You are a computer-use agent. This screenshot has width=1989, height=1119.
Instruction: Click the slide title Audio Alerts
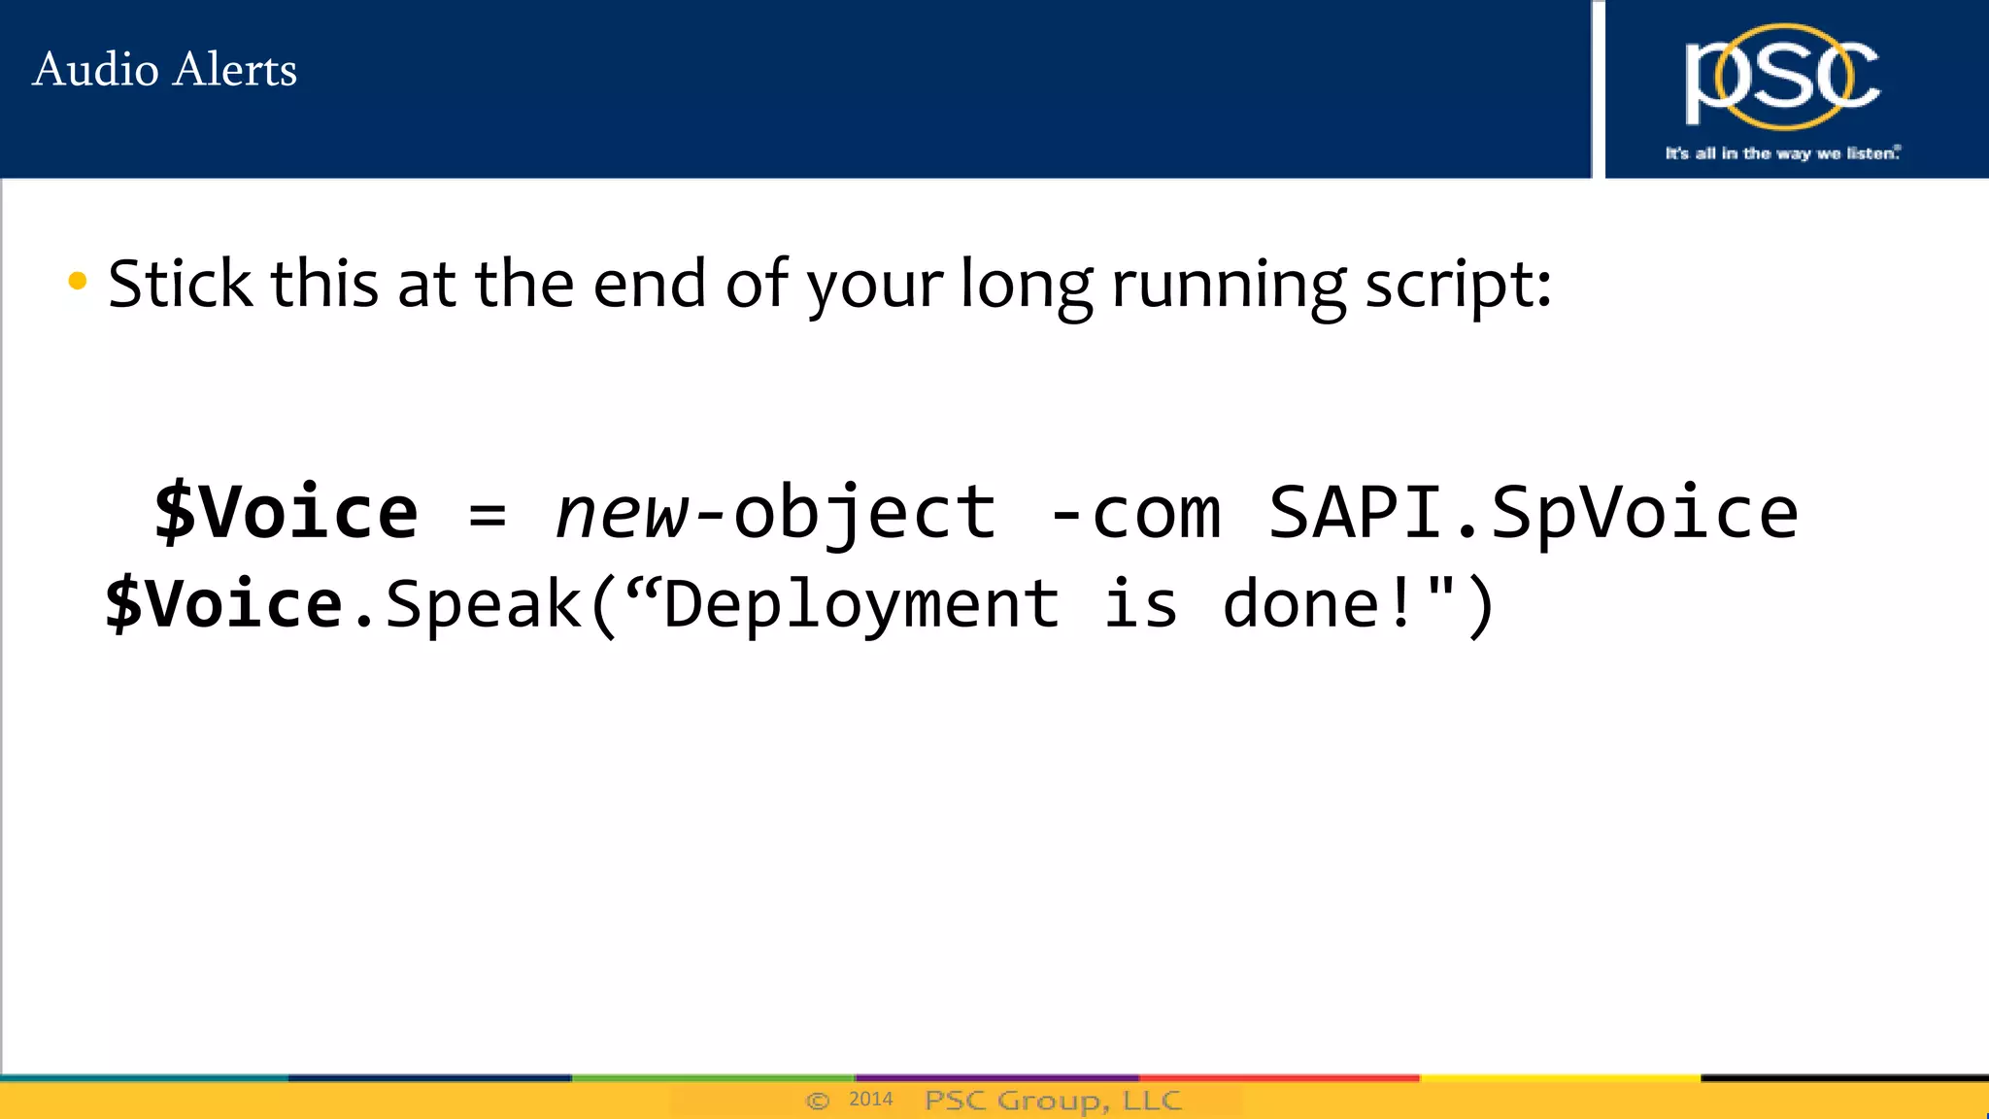(164, 70)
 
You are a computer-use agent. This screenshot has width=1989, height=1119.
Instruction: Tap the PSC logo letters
(1782, 77)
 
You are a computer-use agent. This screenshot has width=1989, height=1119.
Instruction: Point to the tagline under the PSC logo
(1782, 153)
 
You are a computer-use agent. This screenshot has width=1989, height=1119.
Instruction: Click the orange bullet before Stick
(78, 283)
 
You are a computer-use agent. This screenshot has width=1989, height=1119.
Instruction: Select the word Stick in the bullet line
(181, 284)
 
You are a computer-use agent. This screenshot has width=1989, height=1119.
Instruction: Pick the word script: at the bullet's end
(1458, 286)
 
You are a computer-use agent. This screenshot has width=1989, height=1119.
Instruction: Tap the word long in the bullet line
(1027, 286)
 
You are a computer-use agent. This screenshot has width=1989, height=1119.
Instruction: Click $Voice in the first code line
(287, 512)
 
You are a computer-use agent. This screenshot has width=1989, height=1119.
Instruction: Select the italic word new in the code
(623, 513)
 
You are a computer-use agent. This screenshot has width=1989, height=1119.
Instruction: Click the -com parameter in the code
(1135, 513)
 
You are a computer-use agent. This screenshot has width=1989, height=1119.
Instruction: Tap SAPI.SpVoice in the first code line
(1534, 513)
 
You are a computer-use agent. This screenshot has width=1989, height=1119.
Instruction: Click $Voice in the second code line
(224, 603)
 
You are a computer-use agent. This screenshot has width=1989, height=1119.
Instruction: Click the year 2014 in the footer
(870, 1099)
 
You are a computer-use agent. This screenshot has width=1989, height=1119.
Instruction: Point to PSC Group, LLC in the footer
(1053, 1100)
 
